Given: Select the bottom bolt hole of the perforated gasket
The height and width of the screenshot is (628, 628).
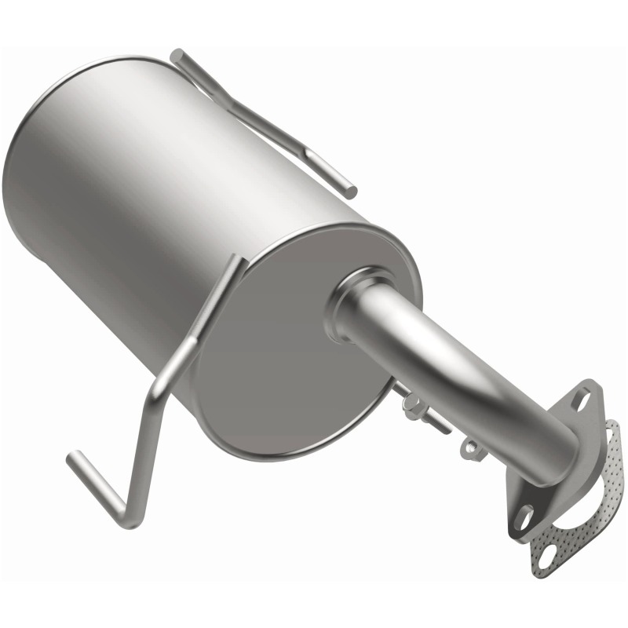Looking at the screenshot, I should pyautogui.click(x=542, y=559).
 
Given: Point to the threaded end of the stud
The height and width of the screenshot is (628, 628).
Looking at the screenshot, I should pyautogui.click(x=444, y=427).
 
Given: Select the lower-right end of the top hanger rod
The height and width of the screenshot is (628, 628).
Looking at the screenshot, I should pyautogui.click(x=351, y=191).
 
